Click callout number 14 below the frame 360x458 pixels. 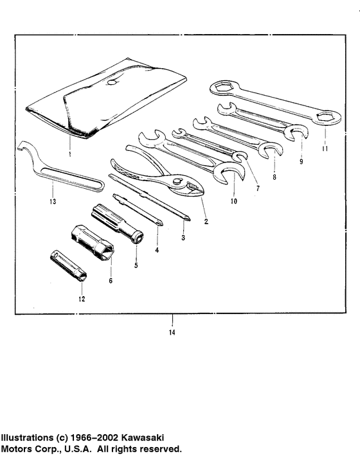point(172,332)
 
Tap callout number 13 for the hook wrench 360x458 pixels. point(53,201)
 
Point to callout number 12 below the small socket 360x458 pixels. point(80,298)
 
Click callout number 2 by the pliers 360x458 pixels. point(206,222)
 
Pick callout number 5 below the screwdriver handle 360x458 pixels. point(136,265)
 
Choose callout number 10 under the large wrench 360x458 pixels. point(233,200)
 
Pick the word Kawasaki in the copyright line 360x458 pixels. point(154,437)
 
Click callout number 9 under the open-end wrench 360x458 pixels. point(301,162)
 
